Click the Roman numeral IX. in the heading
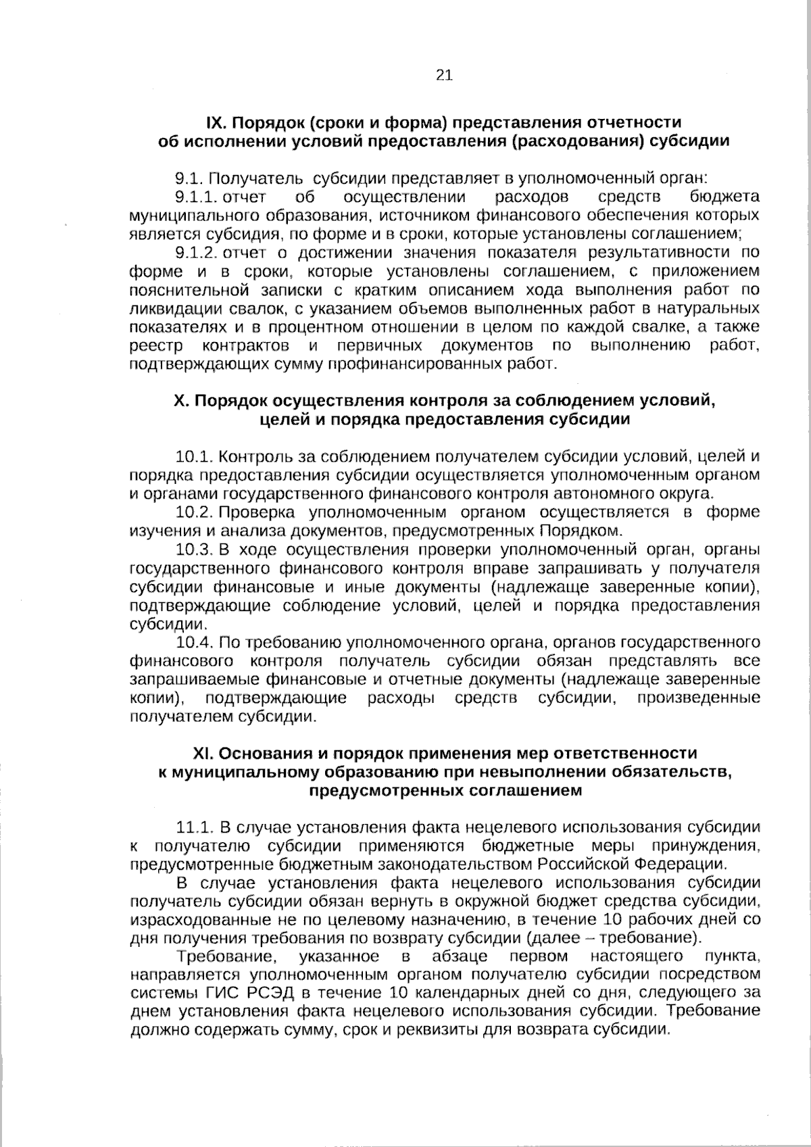[x=217, y=122]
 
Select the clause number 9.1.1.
[x=195, y=197]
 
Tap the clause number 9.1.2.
[x=195, y=253]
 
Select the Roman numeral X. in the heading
[x=181, y=401]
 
